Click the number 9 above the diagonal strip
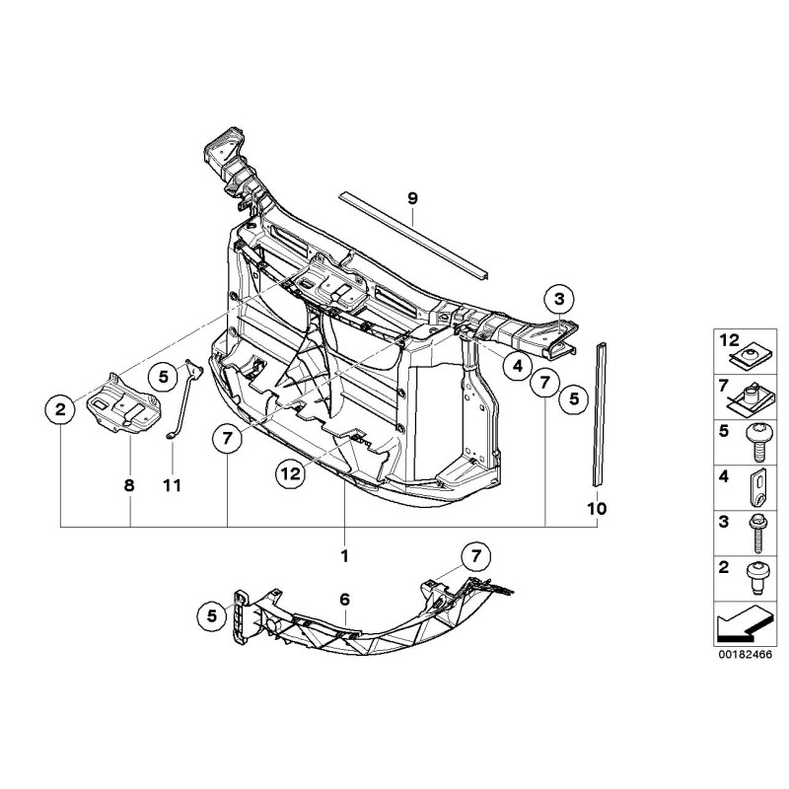[413, 199]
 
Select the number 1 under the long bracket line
[344, 556]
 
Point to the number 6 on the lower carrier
[344, 599]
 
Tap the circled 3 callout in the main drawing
[559, 299]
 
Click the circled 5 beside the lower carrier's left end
[210, 616]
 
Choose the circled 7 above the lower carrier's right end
[474, 556]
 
